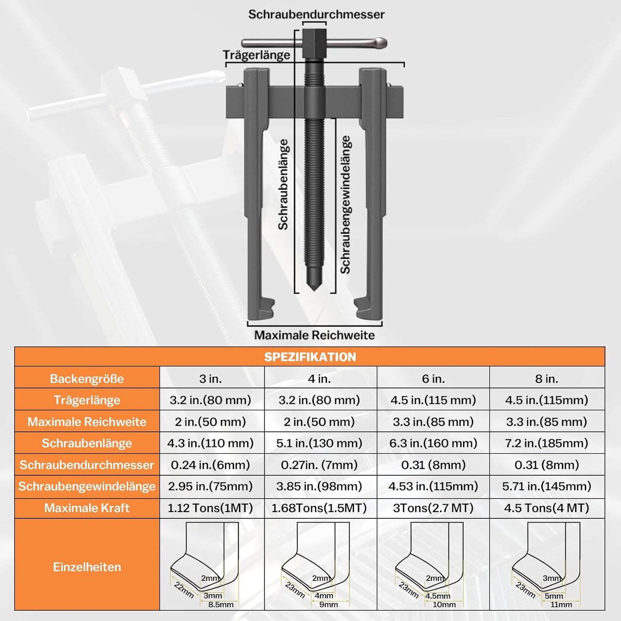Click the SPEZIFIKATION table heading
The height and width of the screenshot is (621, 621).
point(310,357)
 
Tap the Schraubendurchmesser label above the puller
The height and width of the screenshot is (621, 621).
point(316,15)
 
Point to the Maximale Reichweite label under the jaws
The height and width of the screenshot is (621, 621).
point(315,335)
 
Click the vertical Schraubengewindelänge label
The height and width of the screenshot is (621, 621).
point(346,204)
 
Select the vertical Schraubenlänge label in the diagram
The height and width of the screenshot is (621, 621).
point(283,184)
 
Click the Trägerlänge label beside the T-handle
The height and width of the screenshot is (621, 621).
point(257,55)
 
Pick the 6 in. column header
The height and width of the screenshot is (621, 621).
point(433,379)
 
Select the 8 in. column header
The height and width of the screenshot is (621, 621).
point(547,379)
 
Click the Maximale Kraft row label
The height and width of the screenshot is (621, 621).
point(87,508)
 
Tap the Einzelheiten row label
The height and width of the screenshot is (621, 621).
point(87,567)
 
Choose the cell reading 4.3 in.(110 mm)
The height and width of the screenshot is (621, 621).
point(211,443)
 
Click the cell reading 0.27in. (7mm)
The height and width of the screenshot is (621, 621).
point(319,465)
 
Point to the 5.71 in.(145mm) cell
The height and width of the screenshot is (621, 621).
point(547,486)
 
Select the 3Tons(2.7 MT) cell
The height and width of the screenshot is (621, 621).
point(433,508)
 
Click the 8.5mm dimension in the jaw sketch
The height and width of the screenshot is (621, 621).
point(221,605)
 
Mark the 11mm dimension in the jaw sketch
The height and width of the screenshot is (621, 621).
point(561,605)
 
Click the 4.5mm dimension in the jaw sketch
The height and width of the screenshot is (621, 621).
point(437,596)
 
